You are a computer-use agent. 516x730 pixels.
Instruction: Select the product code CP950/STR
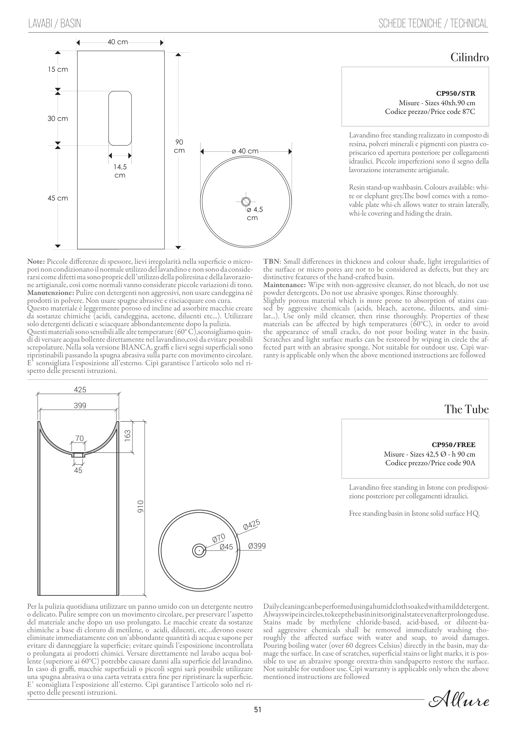(456, 94)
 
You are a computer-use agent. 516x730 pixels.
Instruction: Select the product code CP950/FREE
(453, 445)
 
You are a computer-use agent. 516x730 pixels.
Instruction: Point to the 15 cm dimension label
(58, 69)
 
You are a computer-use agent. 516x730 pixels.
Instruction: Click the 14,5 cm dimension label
(120, 171)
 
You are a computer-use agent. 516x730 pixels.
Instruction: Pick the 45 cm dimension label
(58, 198)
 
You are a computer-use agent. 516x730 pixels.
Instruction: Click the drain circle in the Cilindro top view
(246, 201)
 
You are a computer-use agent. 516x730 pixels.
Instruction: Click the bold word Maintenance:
(285, 285)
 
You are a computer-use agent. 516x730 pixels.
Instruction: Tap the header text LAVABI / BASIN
(55, 24)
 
